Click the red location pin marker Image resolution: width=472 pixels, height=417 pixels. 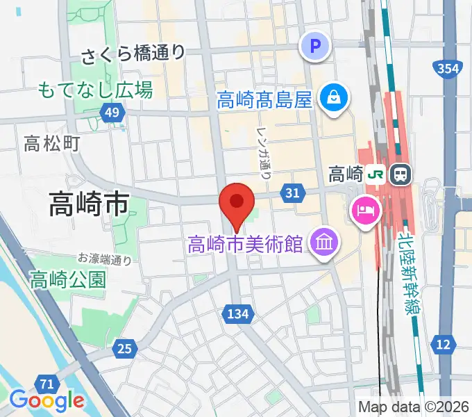[x=236, y=203]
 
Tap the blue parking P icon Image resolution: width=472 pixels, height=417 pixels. [x=316, y=47]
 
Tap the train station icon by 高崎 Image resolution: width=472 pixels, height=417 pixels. [x=401, y=174]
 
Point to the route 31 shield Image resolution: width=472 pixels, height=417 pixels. [x=292, y=193]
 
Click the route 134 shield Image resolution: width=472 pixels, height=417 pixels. [x=237, y=314]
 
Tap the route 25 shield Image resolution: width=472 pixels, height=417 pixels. [x=124, y=348]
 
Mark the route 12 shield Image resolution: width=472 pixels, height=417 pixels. [x=444, y=343]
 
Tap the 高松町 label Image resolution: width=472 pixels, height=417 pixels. [x=52, y=144]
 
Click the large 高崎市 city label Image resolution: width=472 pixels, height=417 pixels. [x=89, y=203]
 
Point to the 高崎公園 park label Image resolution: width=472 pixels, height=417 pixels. [x=68, y=279]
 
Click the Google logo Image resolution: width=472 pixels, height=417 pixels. [x=47, y=400]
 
